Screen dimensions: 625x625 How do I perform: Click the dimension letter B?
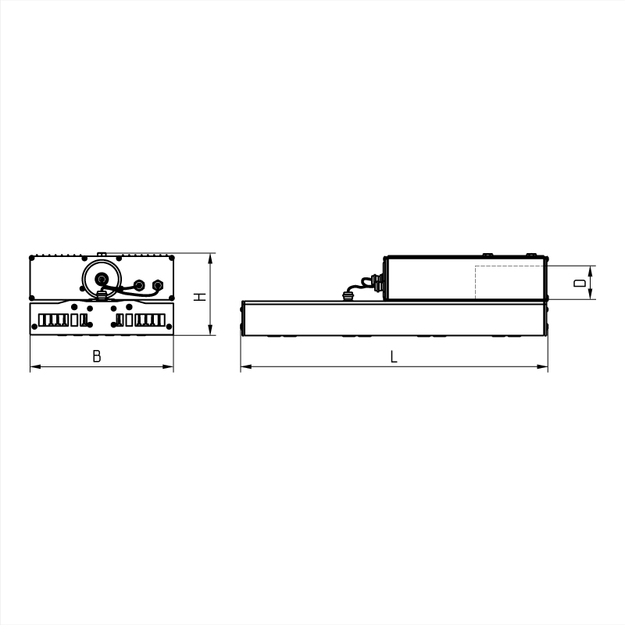[x=96, y=356]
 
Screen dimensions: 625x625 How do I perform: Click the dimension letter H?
[x=200, y=297]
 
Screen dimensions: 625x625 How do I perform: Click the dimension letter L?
[x=394, y=357]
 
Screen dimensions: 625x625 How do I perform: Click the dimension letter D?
[x=580, y=283]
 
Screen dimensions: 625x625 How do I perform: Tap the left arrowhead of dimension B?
[x=35, y=366]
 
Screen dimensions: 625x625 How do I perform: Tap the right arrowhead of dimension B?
[x=168, y=366]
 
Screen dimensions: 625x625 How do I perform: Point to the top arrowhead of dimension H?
[x=210, y=259]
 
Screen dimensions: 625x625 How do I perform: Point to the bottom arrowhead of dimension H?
[x=210, y=330]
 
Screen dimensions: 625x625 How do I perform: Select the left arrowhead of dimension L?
[x=246, y=366]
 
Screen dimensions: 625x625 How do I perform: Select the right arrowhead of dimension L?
[x=542, y=366]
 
